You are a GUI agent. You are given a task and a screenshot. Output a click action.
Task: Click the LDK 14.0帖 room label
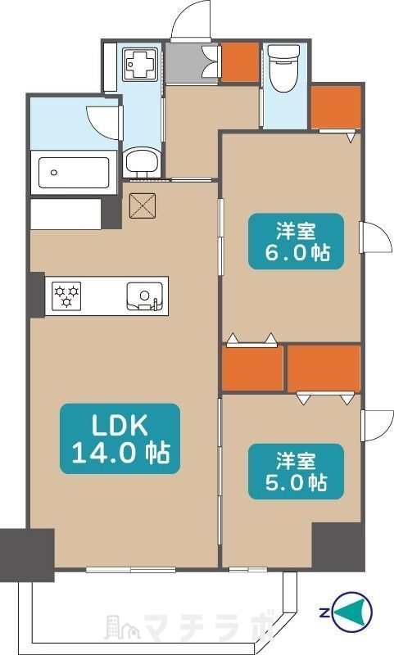[120, 439]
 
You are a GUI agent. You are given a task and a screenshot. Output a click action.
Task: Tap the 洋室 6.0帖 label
[297, 241]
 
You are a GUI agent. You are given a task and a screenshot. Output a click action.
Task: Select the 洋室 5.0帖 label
[297, 472]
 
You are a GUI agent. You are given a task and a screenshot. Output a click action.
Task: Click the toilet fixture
[283, 68]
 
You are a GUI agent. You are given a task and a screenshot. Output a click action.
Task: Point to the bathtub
[74, 172]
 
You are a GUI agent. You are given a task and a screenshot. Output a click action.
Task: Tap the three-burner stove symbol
[66, 295]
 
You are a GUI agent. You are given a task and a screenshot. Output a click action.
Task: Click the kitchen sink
[144, 296]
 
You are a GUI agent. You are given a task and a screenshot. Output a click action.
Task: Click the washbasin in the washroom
[142, 161]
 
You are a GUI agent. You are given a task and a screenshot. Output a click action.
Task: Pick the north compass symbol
[351, 612]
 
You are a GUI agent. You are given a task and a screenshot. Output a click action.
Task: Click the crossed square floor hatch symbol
[143, 206]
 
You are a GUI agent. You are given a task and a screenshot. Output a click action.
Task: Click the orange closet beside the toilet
[337, 107]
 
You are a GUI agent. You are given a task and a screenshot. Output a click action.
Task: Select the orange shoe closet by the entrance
[240, 61]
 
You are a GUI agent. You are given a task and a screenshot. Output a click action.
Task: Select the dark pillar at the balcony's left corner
[27, 555]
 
